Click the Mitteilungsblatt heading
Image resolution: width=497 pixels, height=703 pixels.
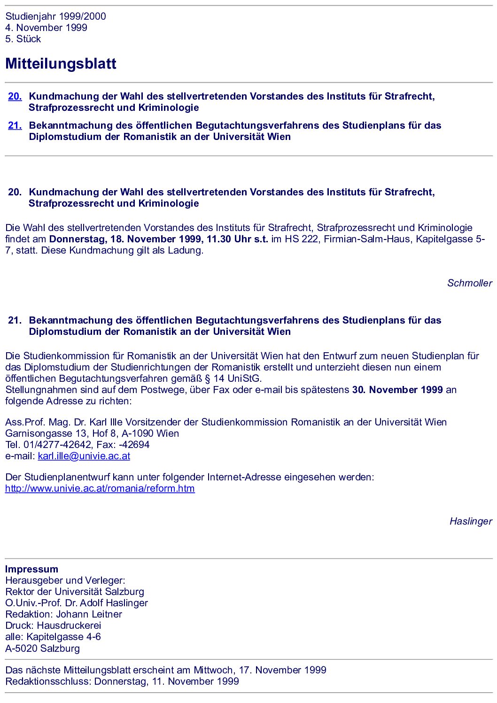pos(61,64)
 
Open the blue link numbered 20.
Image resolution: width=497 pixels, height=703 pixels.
pos(15,96)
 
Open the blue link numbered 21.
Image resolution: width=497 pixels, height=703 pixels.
pos(15,125)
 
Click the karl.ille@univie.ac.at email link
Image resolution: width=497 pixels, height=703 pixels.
pos(84,456)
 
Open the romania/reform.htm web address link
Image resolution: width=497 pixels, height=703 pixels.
pos(100,488)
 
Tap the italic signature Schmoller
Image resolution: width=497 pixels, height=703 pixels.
pos(469,283)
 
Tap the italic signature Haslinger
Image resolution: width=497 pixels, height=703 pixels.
pos(471,521)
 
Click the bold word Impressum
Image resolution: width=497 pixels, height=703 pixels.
pos(32,569)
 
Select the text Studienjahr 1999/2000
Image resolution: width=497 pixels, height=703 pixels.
pos(55,16)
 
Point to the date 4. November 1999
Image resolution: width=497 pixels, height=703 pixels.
pos(46,28)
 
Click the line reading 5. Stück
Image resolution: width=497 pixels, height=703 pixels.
pos(23,39)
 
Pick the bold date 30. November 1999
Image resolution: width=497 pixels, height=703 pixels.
pos(397,390)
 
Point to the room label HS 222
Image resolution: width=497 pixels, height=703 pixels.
pos(299,239)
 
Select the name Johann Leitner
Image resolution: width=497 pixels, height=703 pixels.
pos(89,614)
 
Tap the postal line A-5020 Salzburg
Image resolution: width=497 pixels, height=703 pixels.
pos(42,649)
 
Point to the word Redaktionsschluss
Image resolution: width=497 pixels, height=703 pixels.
pos(48,681)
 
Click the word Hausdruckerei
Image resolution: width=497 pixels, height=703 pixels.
pos(69,626)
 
